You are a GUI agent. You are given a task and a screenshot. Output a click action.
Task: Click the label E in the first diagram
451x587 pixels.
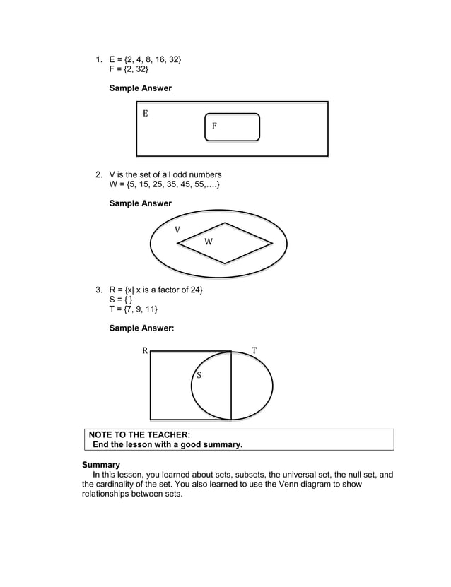click(x=146, y=113)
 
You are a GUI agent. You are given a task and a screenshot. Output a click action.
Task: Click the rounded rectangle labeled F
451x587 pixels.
click(x=233, y=127)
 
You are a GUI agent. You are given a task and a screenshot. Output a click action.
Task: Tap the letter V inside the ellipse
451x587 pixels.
click(x=177, y=230)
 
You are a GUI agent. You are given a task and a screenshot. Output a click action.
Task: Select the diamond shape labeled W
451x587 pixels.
click(x=225, y=243)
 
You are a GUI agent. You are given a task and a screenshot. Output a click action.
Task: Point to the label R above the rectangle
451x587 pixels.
click(x=144, y=350)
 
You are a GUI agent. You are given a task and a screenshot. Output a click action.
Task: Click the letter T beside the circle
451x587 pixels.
click(x=254, y=350)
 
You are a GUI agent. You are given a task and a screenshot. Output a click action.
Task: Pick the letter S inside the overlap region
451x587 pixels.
click(x=199, y=375)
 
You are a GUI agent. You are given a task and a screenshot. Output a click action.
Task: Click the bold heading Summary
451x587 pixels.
click(x=101, y=465)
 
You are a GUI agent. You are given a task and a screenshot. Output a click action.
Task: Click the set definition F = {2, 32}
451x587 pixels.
click(x=129, y=69)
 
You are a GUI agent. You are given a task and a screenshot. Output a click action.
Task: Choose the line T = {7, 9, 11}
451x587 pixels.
click(x=134, y=310)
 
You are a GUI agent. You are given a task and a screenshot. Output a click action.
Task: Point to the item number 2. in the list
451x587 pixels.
click(x=99, y=174)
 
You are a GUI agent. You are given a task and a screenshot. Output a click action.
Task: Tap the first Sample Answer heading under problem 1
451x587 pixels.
click(x=140, y=88)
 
